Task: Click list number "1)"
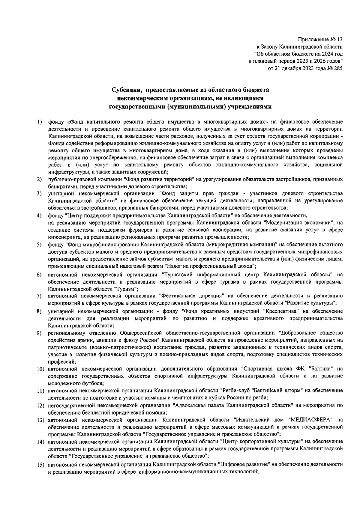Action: pyautogui.click(x=39, y=122)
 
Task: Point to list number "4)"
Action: pyautogui.click(x=39, y=216)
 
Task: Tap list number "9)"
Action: pyautogui.click(x=39, y=333)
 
